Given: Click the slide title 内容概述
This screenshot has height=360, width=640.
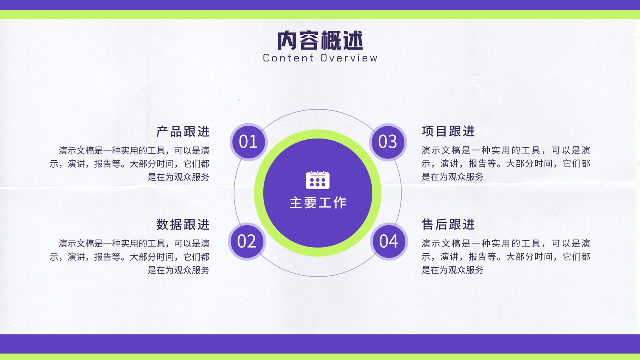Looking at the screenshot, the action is (x=320, y=40).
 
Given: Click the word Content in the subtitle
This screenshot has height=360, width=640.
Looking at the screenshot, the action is (x=288, y=58).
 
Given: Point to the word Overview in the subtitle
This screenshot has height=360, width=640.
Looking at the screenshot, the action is (x=348, y=58).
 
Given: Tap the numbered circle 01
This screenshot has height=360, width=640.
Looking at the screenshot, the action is (x=248, y=142).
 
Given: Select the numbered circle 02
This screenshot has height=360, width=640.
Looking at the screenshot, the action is (x=247, y=242).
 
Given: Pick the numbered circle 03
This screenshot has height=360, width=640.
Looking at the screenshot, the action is (x=388, y=142).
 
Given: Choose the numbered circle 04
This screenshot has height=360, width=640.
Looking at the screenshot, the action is (x=388, y=242).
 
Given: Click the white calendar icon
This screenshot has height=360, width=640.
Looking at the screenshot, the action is (x=318, y=180).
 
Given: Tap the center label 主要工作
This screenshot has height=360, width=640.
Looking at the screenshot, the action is (x=318, y=202).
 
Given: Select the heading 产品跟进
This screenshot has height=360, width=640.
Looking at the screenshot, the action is (x=183, y=132).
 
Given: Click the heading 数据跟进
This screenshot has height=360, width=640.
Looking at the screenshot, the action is (x=183, y=224).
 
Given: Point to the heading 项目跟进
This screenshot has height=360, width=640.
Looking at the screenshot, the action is (x=448, y=131).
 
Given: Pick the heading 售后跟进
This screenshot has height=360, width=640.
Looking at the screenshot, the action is (x=448, y=224).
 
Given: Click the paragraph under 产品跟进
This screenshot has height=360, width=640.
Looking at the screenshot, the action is (x=130, y=164).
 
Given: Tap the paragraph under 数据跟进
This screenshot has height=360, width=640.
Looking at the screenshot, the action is (x=130, y=256).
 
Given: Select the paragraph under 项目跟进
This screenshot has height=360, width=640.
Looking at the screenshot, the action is (x=506, y=164).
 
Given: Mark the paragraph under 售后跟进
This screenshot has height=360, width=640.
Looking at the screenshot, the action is (x=506, y=256).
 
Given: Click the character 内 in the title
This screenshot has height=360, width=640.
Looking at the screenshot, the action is (x=287, y=40).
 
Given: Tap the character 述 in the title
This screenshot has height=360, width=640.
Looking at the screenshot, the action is (x=353, y=40).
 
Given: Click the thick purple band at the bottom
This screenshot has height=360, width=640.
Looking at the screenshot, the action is (x=320, y=344).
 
